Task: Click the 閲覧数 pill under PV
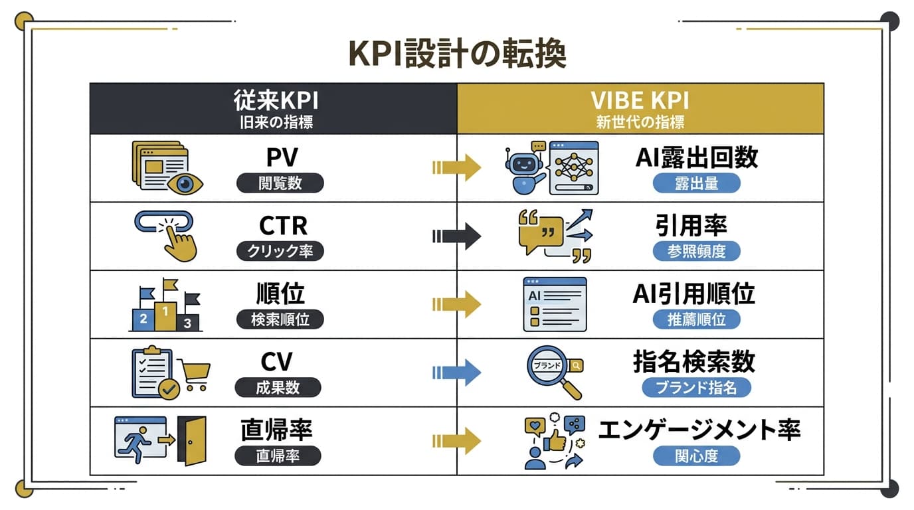coord(280,183)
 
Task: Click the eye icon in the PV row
coord(185,183)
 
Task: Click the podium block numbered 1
coord(165,313)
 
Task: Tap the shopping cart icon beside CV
coord(195,375)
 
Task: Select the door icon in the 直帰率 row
coord(195,439)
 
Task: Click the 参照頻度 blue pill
coord(695,251)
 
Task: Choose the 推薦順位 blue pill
coord(695,319)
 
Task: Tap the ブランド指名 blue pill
coord(695,387)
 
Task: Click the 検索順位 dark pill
coord(280,319)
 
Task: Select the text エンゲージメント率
coord(699,430)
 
